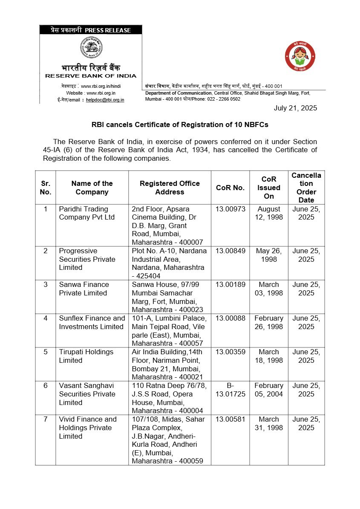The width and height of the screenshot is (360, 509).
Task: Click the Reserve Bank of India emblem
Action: tap(91, 48)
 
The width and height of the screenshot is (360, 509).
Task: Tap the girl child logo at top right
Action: tap(300, 57)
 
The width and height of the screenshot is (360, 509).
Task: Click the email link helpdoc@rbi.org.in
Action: tap(105, 100)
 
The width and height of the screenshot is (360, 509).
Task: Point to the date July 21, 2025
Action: tap(295, 108)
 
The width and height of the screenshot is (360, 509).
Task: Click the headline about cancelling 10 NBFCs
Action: tap(180, 125)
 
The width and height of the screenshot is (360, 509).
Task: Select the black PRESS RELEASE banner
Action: tap(91, 30)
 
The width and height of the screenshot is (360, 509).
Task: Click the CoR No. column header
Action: tap(230, 188)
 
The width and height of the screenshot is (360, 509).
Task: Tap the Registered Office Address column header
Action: tap(170, 188)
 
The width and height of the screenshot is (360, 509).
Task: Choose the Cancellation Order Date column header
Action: tap(306, 188)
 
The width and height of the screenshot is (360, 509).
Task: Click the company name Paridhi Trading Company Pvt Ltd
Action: tap(87, 213)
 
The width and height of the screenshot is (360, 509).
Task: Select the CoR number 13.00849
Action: tap(230, 251)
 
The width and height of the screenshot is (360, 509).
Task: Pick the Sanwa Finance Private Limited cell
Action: tap(84, 289)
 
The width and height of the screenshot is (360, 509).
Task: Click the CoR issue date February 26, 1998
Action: tap(268, 322)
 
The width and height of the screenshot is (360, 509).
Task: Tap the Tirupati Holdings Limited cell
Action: tap(86, 356)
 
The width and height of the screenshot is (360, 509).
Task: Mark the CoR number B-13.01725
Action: tap(230, 390)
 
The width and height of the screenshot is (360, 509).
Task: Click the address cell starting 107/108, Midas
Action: tap(169, 440)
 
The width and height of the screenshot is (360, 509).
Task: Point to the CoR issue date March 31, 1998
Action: tap(268, 423)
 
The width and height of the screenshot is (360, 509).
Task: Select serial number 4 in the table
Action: tap(46, 318)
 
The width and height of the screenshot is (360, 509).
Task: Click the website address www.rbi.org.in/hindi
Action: tap(101, 86)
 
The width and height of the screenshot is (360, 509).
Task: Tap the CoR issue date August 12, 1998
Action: tap(268, 213)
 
